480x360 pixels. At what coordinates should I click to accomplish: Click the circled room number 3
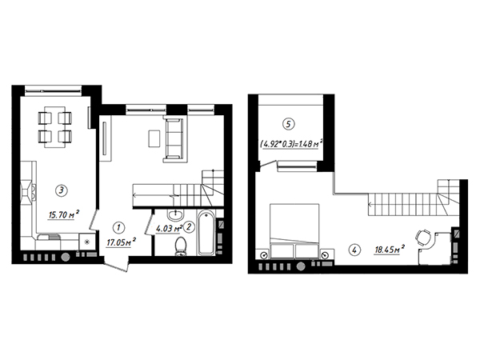62,190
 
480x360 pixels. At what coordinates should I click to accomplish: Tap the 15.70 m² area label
64,214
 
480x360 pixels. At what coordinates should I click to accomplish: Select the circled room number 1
118,227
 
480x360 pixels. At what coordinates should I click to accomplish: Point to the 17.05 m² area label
122,242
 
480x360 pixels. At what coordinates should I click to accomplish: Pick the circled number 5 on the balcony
288,124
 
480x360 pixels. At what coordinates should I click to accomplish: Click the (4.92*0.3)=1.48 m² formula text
291,143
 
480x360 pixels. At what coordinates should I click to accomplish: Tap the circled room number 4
354,250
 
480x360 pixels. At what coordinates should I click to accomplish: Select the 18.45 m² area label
390,249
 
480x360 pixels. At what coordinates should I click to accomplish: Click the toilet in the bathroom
181,246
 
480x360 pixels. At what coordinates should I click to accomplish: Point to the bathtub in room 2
206,232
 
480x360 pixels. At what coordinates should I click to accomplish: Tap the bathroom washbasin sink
175,214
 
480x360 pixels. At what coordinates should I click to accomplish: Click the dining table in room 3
55,126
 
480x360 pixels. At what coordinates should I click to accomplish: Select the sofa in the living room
174,139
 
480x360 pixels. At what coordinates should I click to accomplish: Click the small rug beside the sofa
154,138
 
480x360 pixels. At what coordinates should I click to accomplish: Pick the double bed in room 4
294,231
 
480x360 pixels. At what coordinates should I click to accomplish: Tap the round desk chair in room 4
423,238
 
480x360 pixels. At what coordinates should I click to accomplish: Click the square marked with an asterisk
87,242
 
